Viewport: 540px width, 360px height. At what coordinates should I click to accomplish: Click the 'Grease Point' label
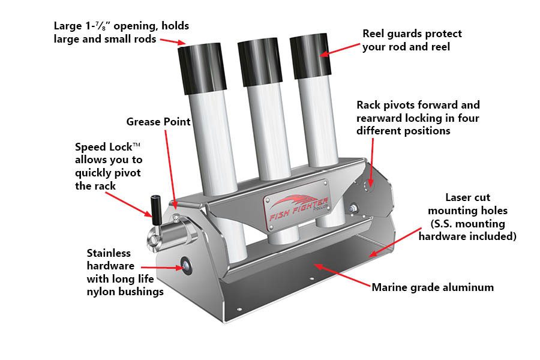[158, 122]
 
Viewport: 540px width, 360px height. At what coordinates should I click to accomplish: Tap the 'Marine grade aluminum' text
[433, 287]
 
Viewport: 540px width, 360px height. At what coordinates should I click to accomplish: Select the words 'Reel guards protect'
[412, 34]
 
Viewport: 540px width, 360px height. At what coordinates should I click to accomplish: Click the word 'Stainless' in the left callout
[109, 253]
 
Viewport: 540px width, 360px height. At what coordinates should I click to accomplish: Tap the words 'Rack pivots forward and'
[418, 105]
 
